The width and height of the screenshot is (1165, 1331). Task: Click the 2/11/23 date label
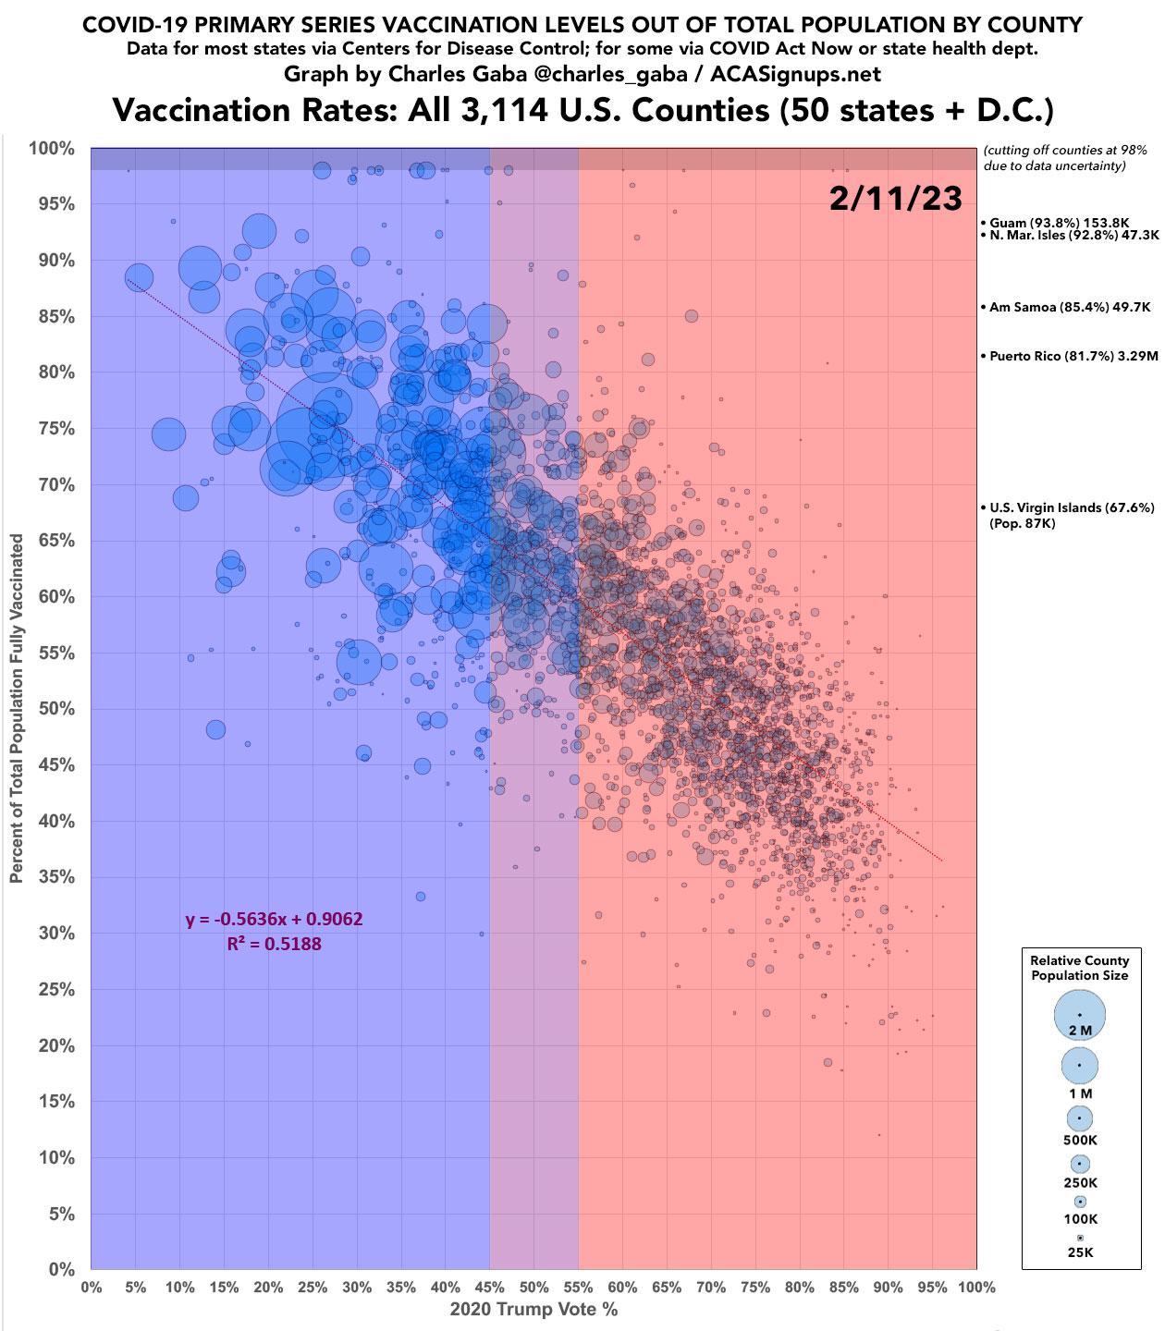895,198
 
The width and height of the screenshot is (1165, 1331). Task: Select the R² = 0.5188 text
274,944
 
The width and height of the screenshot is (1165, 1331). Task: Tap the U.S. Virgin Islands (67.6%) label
1071,507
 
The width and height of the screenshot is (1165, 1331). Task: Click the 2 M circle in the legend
1079,1014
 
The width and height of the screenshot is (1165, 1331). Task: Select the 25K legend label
1080,1252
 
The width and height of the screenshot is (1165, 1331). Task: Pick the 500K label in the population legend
1080,1140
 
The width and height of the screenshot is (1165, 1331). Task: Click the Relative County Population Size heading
1080,968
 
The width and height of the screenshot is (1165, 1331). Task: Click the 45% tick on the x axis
489,1287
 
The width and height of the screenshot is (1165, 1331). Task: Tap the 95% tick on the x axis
932,1287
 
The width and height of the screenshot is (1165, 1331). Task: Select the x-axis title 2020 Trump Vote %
533,1309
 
